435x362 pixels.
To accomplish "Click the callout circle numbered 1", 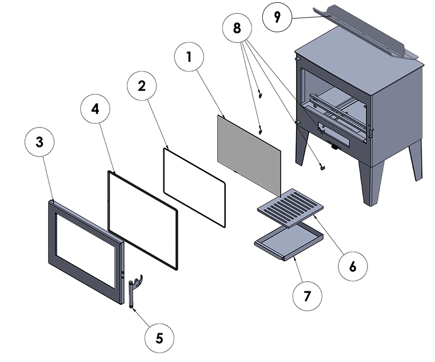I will click(x=188, y=57).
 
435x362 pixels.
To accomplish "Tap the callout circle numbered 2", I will click(x=142, y=86).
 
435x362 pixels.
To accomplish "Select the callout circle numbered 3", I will click(x=40, y=142).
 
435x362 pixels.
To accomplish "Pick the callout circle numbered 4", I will click(x=95, y=109).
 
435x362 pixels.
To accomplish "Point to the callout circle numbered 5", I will click(x=159, y=338).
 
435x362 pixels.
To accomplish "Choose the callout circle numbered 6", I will click(x=353, y=266).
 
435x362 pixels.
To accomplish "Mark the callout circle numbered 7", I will click(x=307, y=296).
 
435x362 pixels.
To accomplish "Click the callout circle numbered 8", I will click(x=237, y=28).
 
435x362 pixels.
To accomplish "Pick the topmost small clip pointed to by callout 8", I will click(x=260, y=95).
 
